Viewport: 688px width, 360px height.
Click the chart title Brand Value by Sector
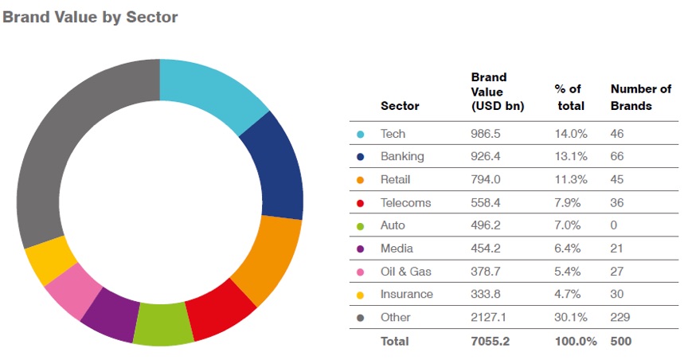click(x=90, y=17)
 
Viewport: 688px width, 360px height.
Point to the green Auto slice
click(x=164, y=325)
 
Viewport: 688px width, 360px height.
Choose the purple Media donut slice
click(x=110, y=312)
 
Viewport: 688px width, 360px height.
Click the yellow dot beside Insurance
click(x=361, y=295)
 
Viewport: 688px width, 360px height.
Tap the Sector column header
click(x=400, y=106)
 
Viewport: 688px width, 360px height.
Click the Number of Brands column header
click(x=640, y=97)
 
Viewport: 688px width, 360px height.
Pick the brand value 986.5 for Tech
click(x=487, y=134)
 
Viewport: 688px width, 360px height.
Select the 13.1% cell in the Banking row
click(x=570, y=157)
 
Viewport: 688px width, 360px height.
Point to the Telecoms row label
click(x=405, y=202)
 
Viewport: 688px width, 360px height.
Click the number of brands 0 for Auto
click(x=614, y=225)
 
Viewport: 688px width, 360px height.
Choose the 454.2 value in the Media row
click(x=487, y=248)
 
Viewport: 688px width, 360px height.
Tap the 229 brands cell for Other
click(x=620, y=317)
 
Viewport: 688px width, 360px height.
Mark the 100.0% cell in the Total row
click(x=574, y=341)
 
